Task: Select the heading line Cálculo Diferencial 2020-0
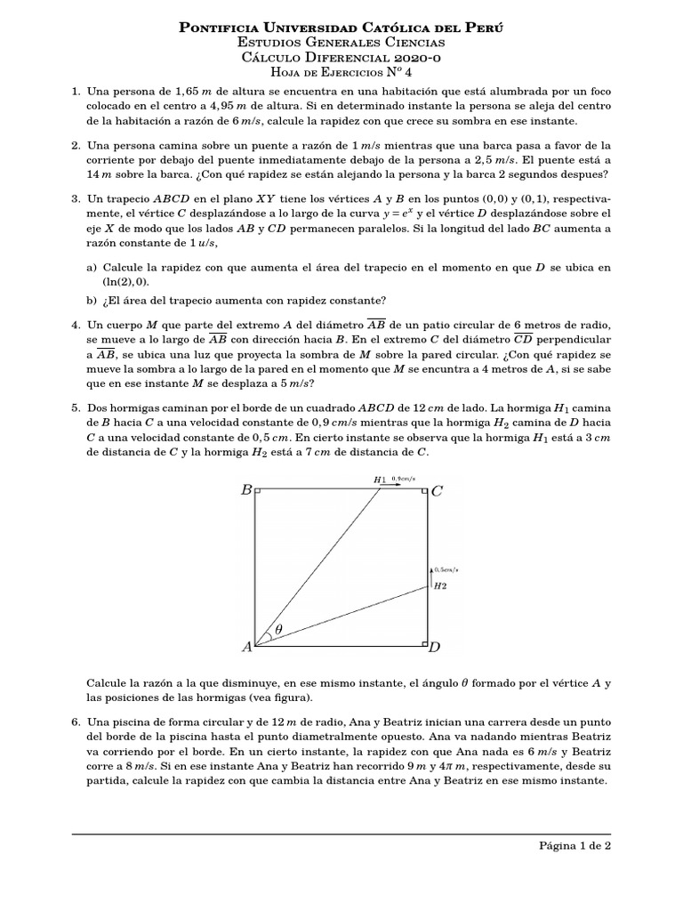point(341,57)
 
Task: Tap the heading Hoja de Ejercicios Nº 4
point(341,72)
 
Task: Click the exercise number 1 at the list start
point(76,93)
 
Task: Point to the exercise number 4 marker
point(76,327)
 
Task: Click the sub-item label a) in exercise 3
point(92,268)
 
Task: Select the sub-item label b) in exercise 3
point(92,300)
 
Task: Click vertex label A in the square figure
point(246,648)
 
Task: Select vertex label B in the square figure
point(246,489)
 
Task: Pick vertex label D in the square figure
point(435,648)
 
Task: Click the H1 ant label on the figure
point(380,480)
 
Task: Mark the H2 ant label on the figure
point(439,585)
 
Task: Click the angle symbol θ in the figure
point(277,629)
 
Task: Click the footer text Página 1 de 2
point(575,846)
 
